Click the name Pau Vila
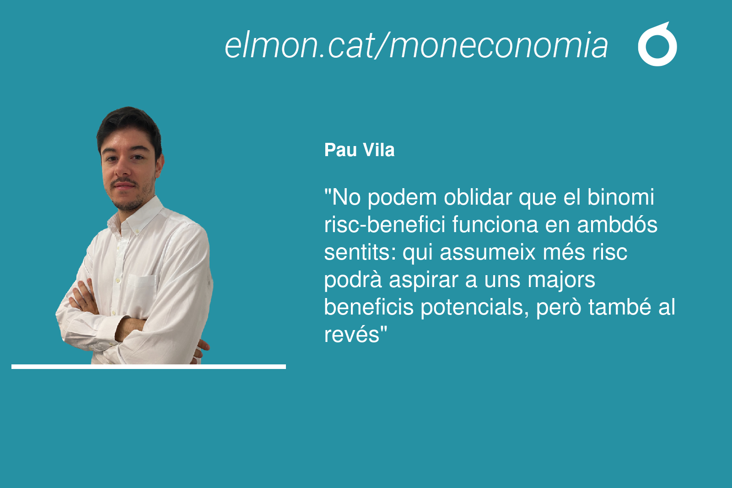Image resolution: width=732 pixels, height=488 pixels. (359, 150)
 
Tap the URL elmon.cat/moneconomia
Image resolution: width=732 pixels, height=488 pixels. (416, 45)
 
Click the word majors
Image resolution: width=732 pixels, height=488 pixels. (561, 280)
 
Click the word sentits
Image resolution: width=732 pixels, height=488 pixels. (360, 253)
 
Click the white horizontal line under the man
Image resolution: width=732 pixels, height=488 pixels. (149, 367)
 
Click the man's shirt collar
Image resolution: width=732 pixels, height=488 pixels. (137, 216)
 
